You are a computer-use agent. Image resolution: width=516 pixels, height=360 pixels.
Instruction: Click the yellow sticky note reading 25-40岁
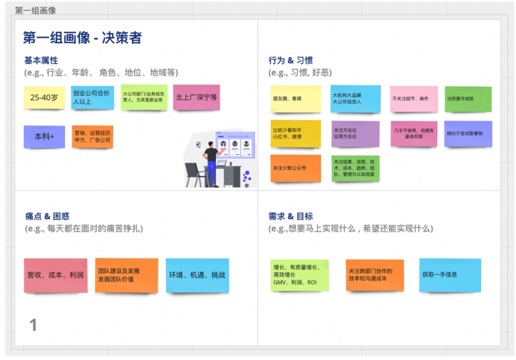click(x=44, y=98)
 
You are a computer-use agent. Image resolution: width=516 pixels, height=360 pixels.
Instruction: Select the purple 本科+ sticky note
click(x=44, y=136)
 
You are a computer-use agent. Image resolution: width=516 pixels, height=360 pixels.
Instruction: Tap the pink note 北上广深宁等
click(x=196, y=97)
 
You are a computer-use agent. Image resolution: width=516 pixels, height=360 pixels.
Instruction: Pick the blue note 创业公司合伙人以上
click(x=93, y=98)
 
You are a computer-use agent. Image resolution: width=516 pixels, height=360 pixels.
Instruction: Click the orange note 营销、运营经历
click(x=93, y=136)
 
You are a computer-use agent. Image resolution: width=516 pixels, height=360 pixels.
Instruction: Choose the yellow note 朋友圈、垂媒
click(x=296, y=99)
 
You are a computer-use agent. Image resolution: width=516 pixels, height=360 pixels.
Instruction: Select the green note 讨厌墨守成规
click(x=468, y=99)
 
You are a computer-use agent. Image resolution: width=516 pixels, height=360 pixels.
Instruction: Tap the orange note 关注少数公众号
click(x=296, y=168)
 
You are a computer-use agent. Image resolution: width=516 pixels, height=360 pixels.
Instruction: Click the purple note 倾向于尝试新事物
click(x=468, y=133)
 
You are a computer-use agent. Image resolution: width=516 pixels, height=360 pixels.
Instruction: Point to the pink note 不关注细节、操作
click(x=414, y=99)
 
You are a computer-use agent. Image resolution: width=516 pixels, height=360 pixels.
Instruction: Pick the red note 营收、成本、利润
click(x=55, y=275)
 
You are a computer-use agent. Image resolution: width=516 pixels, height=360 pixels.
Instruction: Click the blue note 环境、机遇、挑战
click(x=197, y=275)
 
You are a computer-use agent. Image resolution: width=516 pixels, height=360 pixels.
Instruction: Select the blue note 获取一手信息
click(x=450, y=275)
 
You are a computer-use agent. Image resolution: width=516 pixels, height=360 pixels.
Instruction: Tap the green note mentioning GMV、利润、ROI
click(x=300, y=275)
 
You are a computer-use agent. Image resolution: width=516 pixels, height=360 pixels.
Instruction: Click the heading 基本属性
click(x=41, y=61)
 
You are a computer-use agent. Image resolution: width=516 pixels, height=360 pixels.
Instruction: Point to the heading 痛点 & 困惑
click(x=47, y=217)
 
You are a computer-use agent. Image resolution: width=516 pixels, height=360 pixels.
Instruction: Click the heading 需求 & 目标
click(x=290, y=217)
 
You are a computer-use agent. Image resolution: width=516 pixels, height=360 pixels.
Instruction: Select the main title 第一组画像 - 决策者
click(x=82, y=38)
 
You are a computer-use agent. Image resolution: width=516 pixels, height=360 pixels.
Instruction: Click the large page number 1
click(x=33, y=325)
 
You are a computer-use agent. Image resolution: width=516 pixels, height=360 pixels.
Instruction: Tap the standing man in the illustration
click(x=212, y=163)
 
